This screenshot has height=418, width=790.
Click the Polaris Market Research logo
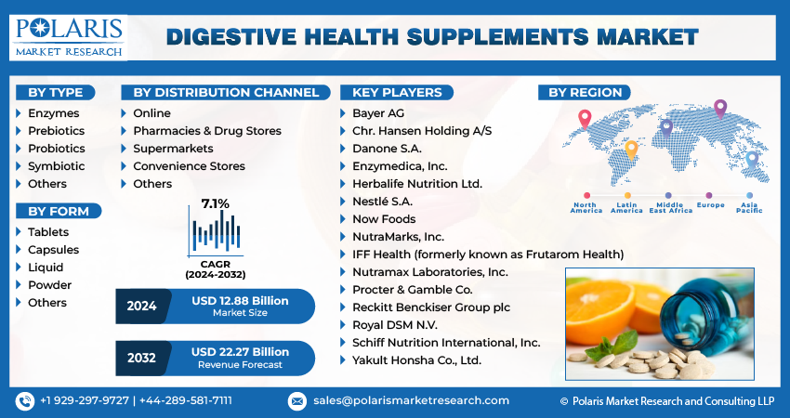pos(69,38)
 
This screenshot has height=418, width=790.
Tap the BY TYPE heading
pos(56,93)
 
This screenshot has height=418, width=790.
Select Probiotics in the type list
pos(57,149)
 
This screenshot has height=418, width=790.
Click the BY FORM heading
pos(59,212)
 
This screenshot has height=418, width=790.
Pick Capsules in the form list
pos(53,250)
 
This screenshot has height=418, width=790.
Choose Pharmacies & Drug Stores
pos(207,131)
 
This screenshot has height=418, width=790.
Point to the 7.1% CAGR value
pos(215,204)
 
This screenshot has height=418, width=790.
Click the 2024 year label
pos(141,307)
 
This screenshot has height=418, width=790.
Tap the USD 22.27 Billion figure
pos(241,352)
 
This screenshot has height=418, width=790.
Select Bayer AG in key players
pos(378,113)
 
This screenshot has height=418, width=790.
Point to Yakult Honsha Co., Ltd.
pos(416,360)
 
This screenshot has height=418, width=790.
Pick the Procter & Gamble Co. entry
pos(412,290)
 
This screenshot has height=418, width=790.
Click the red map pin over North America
pos(585,119)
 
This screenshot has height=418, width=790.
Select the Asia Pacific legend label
pos(749,207)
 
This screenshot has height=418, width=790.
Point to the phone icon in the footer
pos(25,401)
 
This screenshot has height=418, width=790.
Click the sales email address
pos(411,401)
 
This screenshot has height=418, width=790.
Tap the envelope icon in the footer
pos(297,401)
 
